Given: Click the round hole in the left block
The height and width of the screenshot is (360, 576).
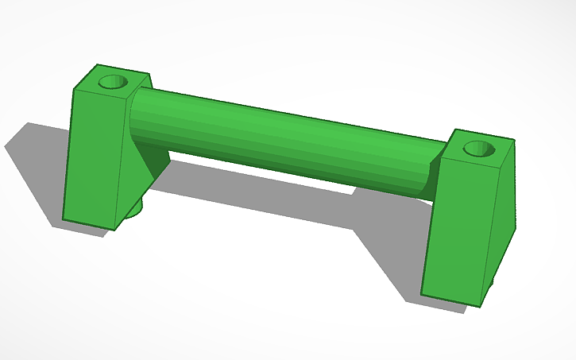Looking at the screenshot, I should click(113, 81).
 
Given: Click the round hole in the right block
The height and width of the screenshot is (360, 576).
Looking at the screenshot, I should click(478, 148).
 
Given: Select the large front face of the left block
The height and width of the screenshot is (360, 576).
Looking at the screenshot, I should click(94, 159).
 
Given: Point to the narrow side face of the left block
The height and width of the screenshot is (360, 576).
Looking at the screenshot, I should click(132, 151).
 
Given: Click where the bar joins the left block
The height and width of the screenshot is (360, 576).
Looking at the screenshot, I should click(137, 119).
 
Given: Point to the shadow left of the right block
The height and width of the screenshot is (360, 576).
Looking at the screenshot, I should click(389, 254).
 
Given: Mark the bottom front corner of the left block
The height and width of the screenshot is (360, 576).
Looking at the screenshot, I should click(114, 230).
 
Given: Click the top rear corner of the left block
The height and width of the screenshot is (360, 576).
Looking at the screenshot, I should click(97, 65).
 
